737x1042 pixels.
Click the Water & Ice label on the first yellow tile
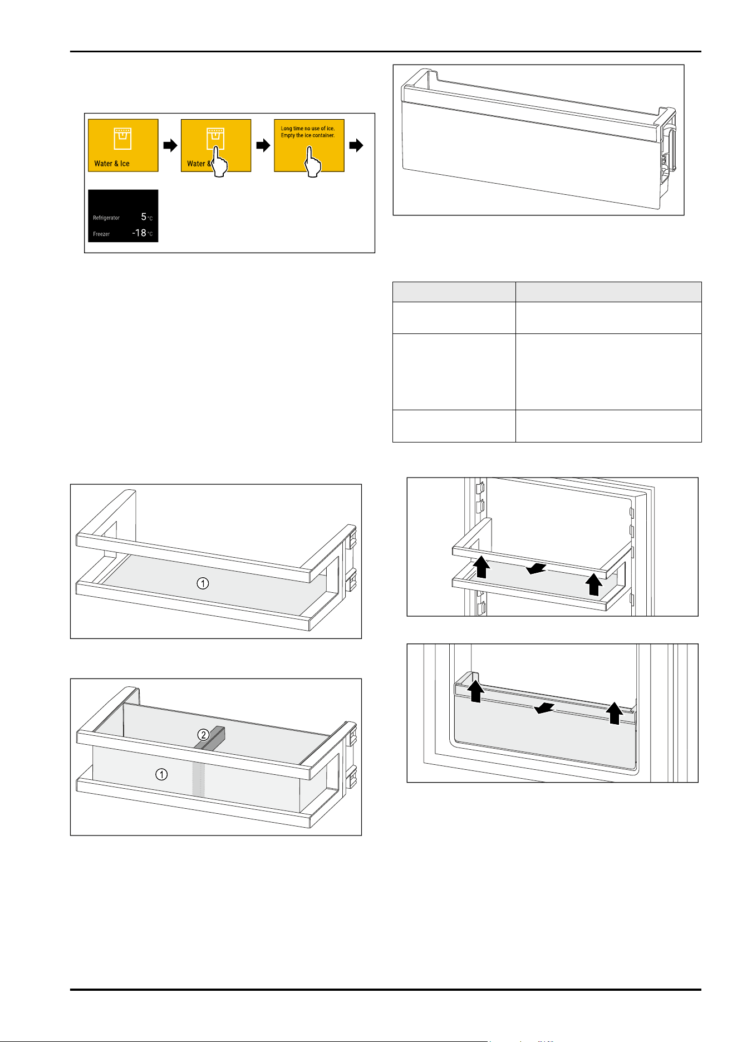(112, 164)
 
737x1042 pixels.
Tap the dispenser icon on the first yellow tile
(123, 138)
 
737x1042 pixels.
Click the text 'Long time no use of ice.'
(308, 129)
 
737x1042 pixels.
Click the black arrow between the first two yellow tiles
(170, 146)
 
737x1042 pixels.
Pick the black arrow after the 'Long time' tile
(356, 146)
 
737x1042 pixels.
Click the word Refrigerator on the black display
(106, 218)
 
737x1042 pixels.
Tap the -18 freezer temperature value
(139, 233)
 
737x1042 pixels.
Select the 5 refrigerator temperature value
(144, 217)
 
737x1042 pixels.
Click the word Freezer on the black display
(101, 234)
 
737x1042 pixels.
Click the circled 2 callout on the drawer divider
(204, 735)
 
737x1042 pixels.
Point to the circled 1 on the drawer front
(161, 774)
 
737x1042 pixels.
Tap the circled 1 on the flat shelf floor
(203, 583)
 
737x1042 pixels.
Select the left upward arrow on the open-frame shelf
(481, 568)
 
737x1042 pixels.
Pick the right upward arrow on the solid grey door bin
(614, 713)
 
